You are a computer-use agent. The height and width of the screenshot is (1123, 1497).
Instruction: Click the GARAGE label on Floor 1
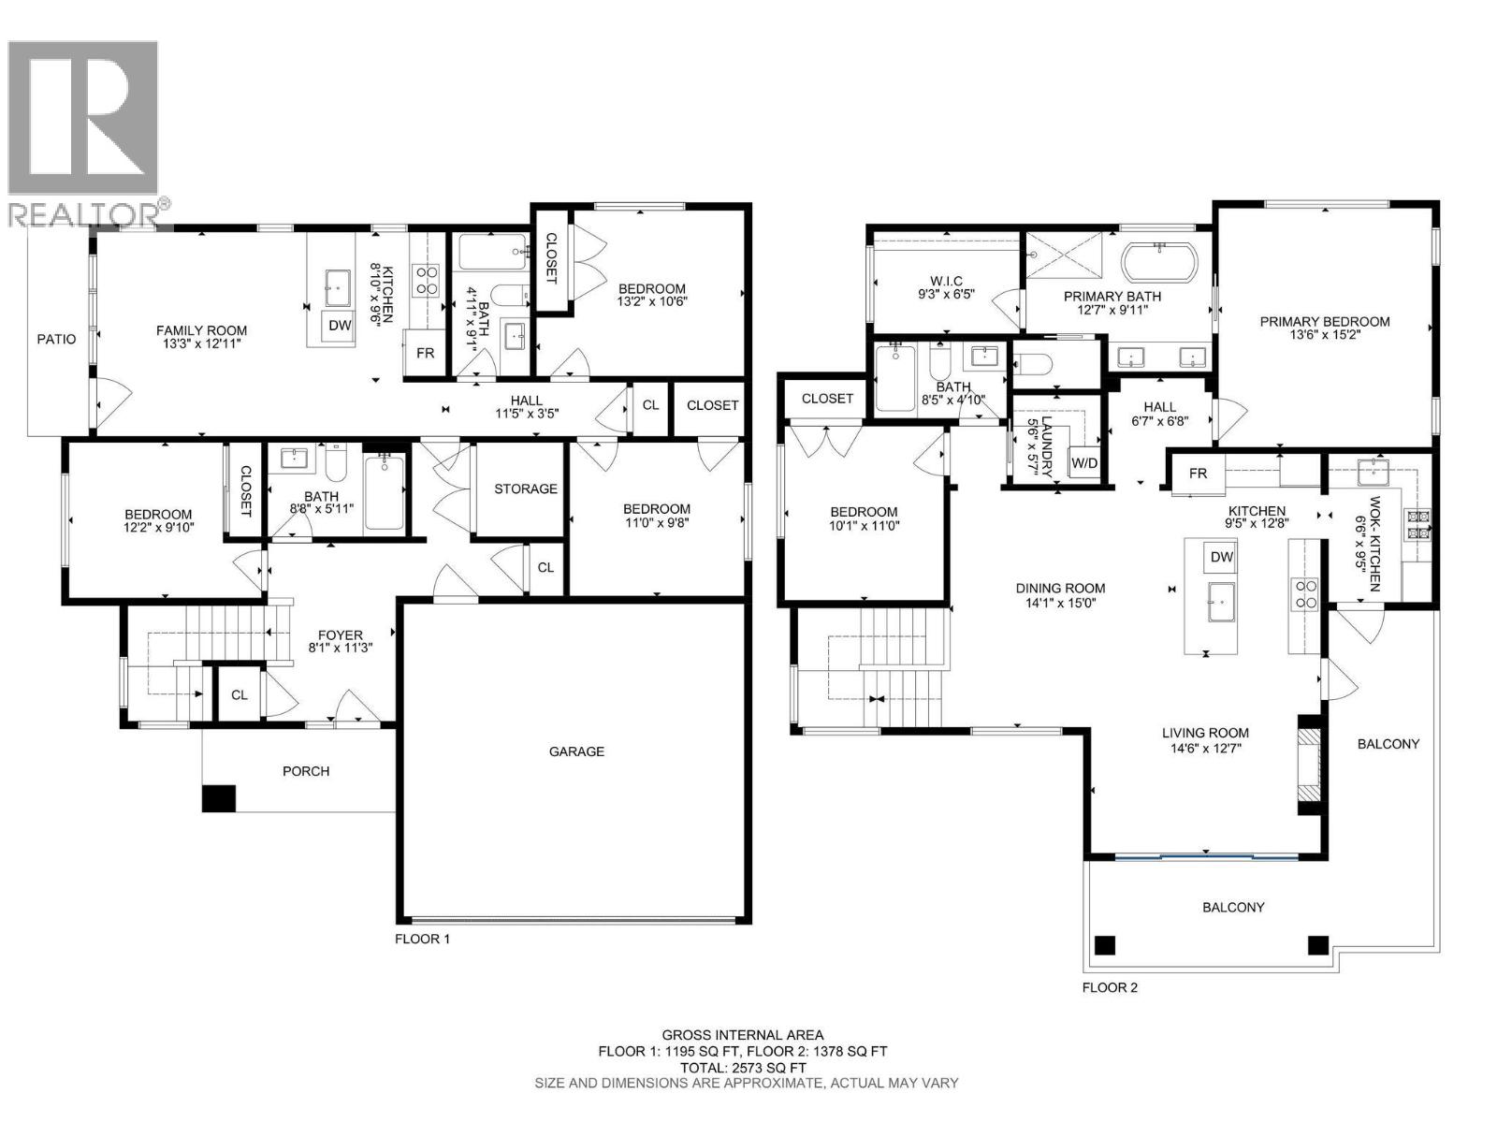coord(576,751)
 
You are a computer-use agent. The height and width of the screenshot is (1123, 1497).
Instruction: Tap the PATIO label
coord(57,339)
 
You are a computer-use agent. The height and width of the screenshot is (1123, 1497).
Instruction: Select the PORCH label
coord(306,771)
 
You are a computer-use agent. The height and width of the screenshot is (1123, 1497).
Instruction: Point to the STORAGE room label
coord(526,489)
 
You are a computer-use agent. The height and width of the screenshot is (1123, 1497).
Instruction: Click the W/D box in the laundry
coord(1084,463)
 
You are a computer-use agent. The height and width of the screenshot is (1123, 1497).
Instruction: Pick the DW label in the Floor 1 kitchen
coord(340,326)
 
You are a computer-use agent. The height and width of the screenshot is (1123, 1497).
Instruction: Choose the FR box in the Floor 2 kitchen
coord(1198,474)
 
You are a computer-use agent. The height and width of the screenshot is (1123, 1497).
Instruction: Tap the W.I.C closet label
coord(945,281)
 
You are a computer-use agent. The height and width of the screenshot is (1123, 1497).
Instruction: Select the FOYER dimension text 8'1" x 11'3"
coord(341,648)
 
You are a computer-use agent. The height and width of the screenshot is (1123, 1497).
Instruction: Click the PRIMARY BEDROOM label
coord(1325,322)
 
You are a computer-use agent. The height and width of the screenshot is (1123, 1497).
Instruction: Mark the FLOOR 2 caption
coord(1110,987)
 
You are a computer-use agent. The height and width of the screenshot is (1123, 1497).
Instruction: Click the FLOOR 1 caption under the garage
coord(422,939)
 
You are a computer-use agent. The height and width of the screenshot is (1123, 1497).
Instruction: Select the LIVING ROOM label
coord(1205,733)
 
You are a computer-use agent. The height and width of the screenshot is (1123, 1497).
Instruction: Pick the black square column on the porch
coord(219,797)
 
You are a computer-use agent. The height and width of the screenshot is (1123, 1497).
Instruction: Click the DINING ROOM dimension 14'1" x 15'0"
coord(1060,603)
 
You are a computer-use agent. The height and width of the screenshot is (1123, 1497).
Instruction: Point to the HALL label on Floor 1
coord(527,401)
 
